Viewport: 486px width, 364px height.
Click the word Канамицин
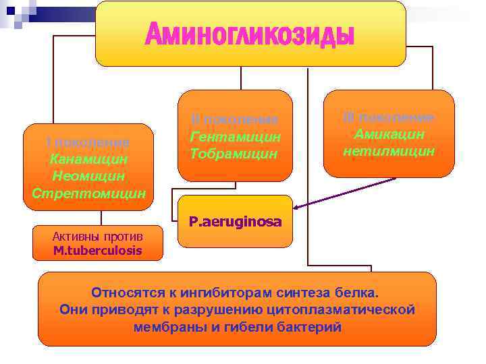88,160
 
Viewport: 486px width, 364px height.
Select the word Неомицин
88,176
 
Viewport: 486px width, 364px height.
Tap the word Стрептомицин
88,193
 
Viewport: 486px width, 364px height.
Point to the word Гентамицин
235,137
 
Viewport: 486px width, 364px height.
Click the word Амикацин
389,133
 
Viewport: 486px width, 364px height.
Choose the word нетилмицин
389,150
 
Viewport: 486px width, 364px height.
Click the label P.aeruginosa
236,221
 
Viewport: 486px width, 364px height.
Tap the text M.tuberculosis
98,251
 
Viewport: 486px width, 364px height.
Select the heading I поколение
88,142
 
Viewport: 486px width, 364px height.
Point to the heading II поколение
234,119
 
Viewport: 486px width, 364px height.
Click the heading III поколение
389,117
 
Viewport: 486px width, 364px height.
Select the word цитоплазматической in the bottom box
352,310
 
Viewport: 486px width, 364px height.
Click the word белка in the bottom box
361,293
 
